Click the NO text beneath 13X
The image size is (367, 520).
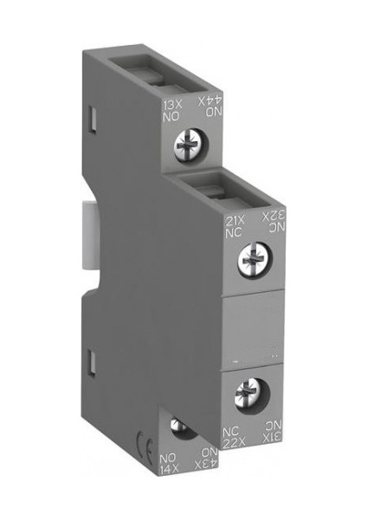coord(171,118)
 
